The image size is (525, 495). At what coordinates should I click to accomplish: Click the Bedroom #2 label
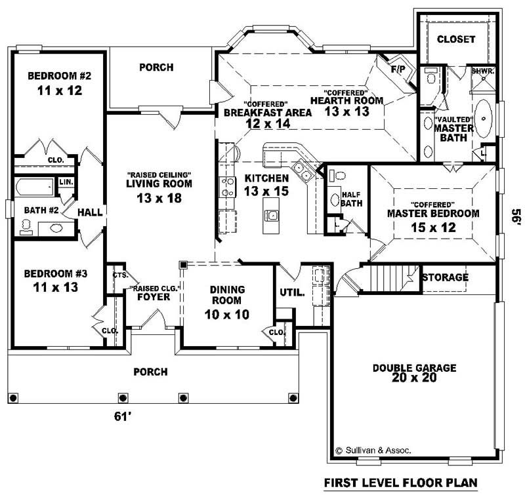pyautogui.click(x=59, y=76)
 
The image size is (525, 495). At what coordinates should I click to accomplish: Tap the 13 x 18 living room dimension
pyautogui.click(x=159, y=198)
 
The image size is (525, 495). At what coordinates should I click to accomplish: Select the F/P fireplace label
pyautogui.click(x=398, y=69)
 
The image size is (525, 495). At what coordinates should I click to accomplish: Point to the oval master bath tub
pyautogui.click(x=483, y=119)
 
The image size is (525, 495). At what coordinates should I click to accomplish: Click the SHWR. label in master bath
pyautogui.click(x=483, y=71)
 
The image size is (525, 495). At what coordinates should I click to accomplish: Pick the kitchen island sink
pyautogui.click(x=271, y=215)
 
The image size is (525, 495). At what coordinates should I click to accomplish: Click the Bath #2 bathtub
pyautogui.click(x=35, y=187)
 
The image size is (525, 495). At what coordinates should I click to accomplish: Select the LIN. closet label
pyautogui.click(x=66, y=182)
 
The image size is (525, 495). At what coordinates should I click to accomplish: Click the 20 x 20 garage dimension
pyautogui.click(x=414, y=378)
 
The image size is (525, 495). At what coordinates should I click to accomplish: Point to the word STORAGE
pyautogui.click(x=445, y=277)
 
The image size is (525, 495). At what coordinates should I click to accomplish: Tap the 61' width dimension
pyautogui.click(x=123, y=416)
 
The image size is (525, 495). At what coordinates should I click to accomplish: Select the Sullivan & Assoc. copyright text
pyautogui.click(x=373, y=450)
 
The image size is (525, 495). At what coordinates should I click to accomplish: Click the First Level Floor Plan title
pyautogui.click(x=401, y=483)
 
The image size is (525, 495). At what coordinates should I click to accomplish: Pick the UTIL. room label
pyautogui.click(x=292, y=292)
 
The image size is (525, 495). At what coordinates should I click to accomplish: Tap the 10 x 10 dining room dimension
pyautogui.click(x=227, y=315)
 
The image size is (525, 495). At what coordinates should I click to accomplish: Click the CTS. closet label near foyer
pyautogui.click(x=121, y=275)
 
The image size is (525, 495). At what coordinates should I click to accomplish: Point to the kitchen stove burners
pyautogui.click(x=227, y=187)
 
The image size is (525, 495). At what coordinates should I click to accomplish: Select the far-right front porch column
pyautogui.click(x=293, y=398)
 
